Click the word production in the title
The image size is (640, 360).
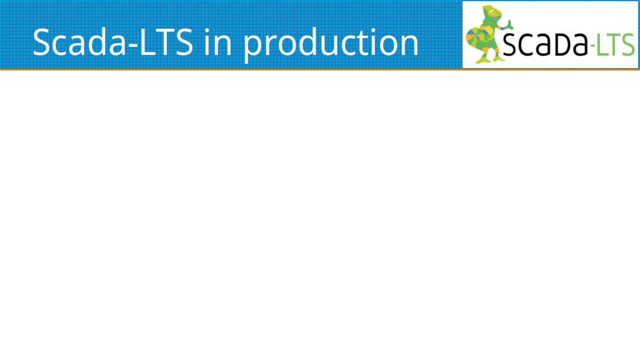[331, 44]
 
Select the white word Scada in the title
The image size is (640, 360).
[79, 42]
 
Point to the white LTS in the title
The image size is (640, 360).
[166, 42]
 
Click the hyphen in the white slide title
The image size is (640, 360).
[133, 46]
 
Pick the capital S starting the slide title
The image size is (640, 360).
[41, 42]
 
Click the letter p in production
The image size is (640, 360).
[253, 47]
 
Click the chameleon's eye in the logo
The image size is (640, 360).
[493, 12]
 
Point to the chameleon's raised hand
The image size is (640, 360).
[509, 24]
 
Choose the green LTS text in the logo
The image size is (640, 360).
[616, 44]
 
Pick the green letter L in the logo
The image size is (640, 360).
[602, 45]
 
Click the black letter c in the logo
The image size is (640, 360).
[524, 46]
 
